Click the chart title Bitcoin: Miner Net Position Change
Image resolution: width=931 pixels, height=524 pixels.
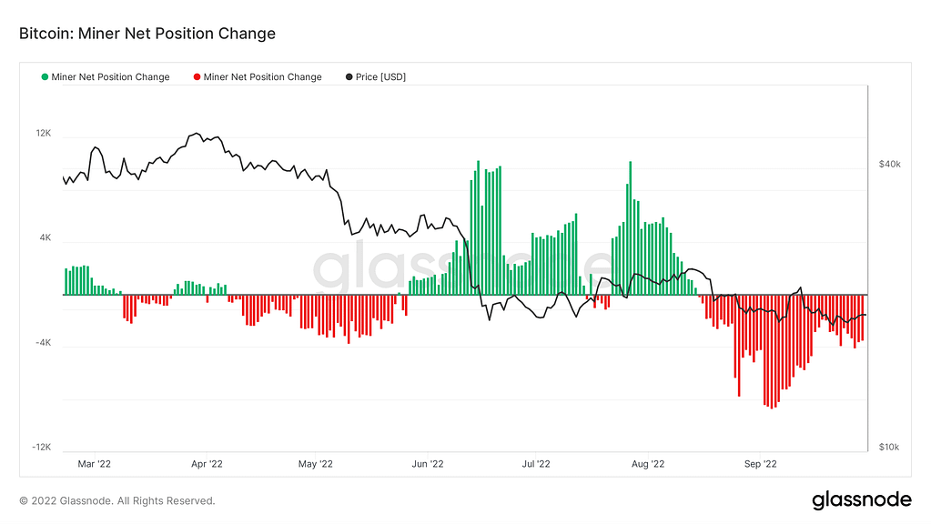147,34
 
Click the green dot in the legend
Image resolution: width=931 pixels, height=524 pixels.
45,77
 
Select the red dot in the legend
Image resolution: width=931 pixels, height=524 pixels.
197,77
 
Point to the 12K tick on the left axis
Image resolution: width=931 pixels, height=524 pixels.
44,134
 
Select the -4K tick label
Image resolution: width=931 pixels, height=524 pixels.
43,343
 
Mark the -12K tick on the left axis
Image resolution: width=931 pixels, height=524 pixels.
42,448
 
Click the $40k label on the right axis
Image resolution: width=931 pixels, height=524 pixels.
889,165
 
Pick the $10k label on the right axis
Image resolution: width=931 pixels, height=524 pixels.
889,447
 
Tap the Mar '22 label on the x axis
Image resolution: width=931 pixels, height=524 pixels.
95,464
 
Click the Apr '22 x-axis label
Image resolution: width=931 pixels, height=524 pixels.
207,464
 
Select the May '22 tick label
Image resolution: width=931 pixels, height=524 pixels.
315,464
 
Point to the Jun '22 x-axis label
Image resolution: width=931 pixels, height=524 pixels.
427,464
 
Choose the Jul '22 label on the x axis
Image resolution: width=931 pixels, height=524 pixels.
535,464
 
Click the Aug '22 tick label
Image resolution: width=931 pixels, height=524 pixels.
647,464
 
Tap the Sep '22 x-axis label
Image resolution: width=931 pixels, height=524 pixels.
759,464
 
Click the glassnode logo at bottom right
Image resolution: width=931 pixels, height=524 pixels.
861,499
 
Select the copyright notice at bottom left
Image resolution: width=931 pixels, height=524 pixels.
117,500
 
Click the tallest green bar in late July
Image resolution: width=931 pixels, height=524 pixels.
630,228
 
